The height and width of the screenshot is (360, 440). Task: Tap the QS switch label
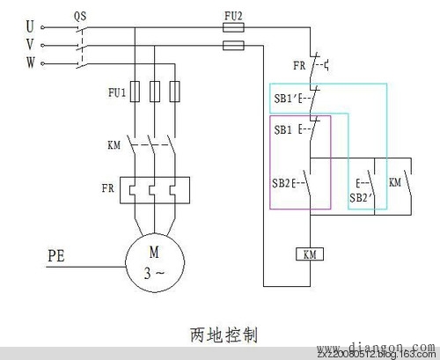click(x=79, y=15)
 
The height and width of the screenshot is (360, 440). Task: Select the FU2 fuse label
click(x=234, y=15)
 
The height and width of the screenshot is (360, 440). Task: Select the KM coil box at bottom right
click(x=309, y=255)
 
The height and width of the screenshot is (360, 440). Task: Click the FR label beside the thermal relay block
click(x=106, y=187)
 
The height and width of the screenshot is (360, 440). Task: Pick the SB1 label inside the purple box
click(x=282, y=129)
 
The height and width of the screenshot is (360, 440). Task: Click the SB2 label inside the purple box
click(x=283, y=182)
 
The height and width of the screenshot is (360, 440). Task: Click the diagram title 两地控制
click(x=219, y=335)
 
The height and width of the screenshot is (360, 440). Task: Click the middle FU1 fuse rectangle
click(x=154, y=91)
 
